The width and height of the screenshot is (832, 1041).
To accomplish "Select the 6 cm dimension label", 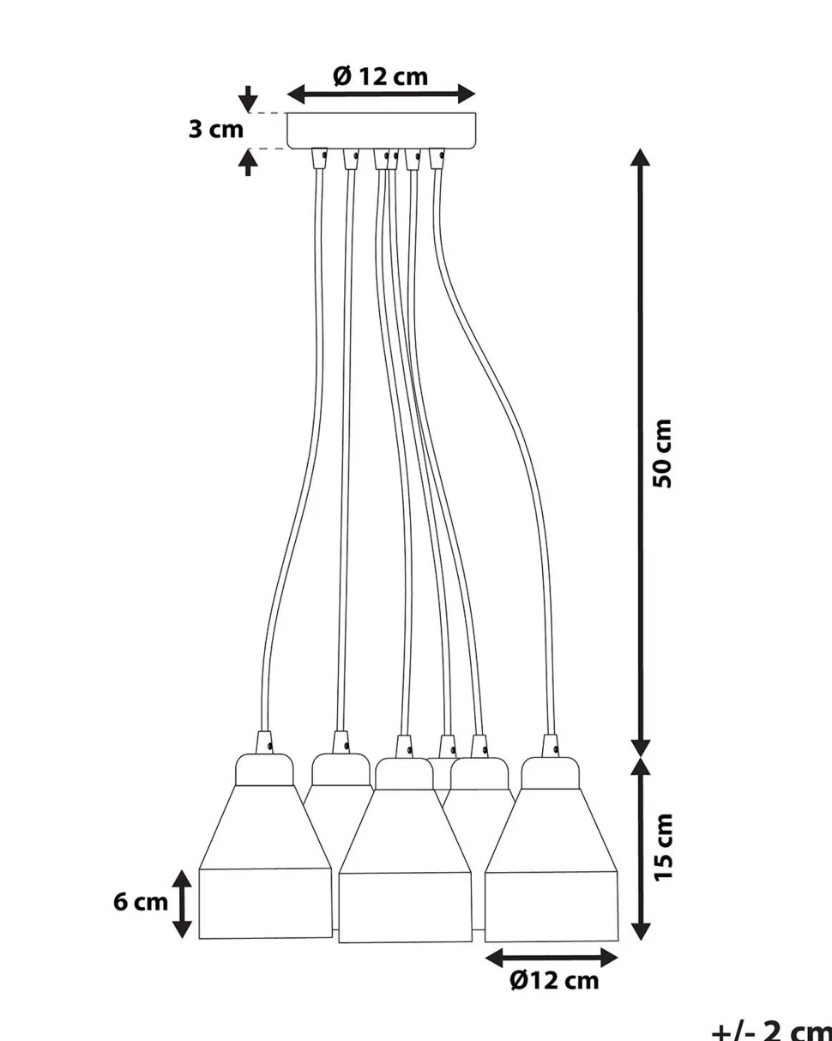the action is pos(141,902).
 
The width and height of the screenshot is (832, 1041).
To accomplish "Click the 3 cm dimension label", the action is pos(215,130).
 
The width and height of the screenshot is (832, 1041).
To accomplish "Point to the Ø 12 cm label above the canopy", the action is pos(381,76).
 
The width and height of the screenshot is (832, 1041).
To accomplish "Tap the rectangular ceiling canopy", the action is pos(382,130).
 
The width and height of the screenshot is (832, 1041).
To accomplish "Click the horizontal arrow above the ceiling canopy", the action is pos(382,94).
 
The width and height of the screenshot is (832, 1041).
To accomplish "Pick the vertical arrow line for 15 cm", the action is pos(640,849).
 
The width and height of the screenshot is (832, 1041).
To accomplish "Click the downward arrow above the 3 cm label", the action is pos(248,100).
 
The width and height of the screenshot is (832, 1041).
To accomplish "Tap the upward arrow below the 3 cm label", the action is pos(248,162).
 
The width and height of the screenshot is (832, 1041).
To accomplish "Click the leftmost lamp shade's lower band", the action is pos(265,903).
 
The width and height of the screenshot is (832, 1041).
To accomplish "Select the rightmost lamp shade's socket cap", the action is pos(550,773).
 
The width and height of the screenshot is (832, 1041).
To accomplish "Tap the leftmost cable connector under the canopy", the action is pos(319,158).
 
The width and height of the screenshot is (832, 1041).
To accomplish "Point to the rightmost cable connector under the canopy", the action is pos(437,158).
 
